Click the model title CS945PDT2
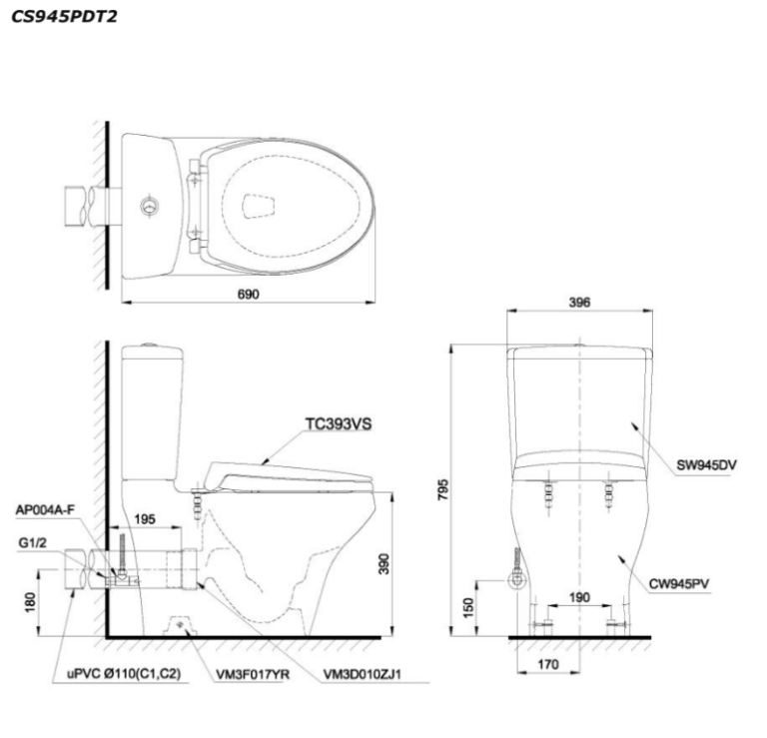coord(64,17)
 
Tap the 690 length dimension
coord(249,295)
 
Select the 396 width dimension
coord(579,303)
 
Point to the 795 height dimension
coord(442,489)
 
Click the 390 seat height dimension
coord(384,564)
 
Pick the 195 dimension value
coord(145,519)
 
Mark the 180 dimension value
coord(30,602)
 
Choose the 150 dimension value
coord(468,607)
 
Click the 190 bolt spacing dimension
coord(579,597)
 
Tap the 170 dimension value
coord(548,665)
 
